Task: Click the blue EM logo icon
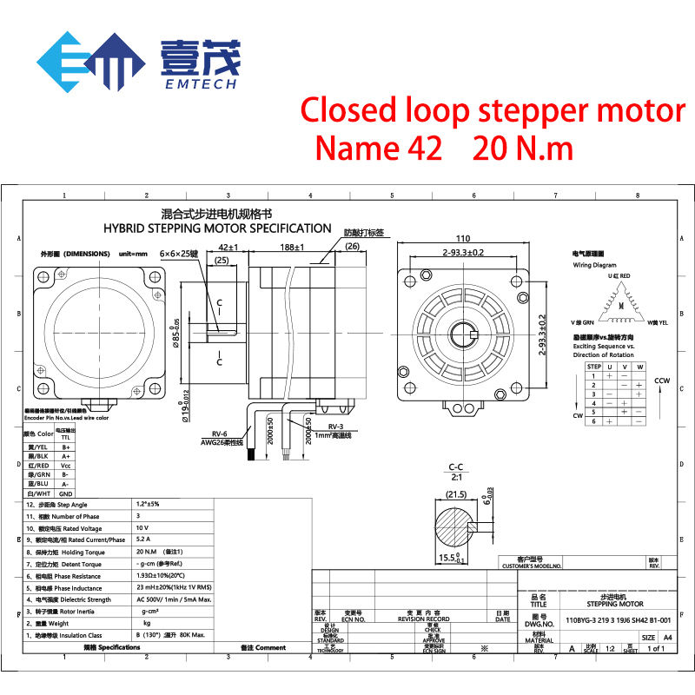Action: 90,63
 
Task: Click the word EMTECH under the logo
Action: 201,85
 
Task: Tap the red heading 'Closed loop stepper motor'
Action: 493,111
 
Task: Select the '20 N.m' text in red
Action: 523,148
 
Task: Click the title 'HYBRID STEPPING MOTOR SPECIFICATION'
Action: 217,228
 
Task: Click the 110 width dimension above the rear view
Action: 461,238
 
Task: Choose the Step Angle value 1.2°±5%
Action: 149,505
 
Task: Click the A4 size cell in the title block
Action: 668,637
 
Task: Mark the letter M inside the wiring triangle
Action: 620,306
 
